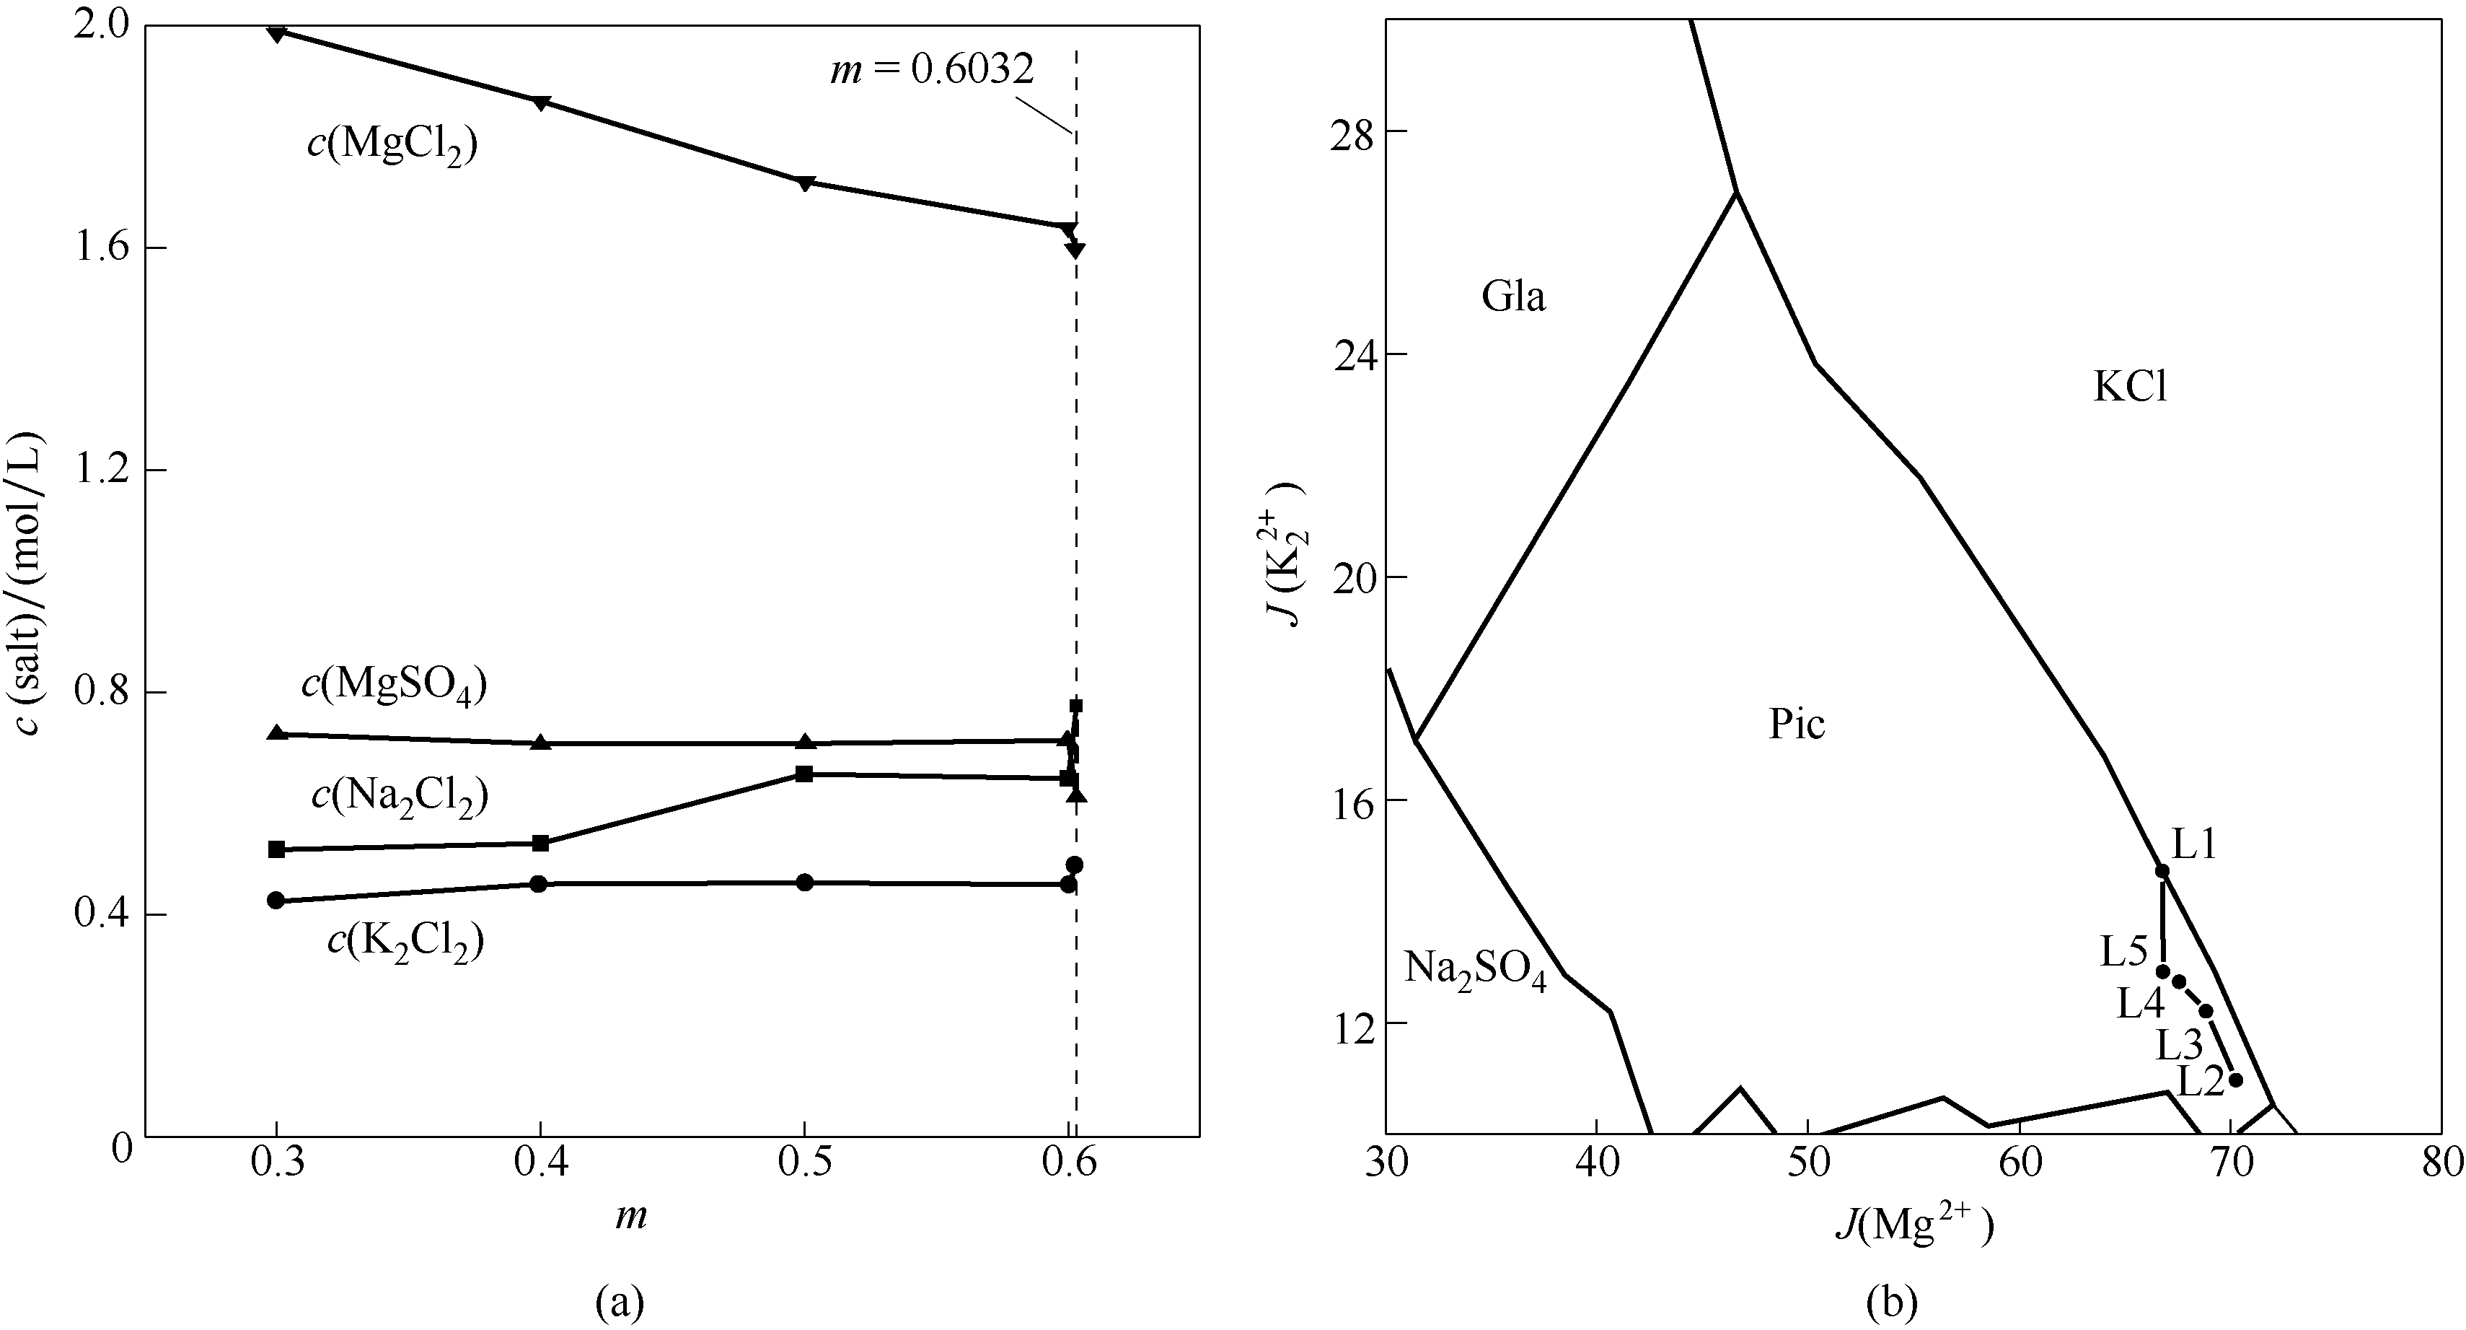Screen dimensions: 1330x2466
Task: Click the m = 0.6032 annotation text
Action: pyautogui.click(x=930, y=70)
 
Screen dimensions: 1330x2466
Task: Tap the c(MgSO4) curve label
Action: pyautogui.click(x=395, y=686)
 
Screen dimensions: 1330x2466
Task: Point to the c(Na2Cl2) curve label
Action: pyautogui.click(x=400, y=796)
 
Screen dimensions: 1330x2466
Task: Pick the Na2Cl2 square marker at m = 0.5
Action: pyautogui.click(x=804, y=774)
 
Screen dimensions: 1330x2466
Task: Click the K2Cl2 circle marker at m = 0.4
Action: pyautogui.click(x=539, y=884)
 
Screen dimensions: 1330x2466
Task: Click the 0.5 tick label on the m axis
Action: pyautogui.click(x=804, y=1163)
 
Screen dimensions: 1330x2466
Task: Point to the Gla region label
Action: pyautogui.click(x=1513, y=298)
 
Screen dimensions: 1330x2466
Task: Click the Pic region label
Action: pyautogui.click(x=1796, y=725)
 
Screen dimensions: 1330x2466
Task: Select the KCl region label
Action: pyautogui.click(x=2130, y=388)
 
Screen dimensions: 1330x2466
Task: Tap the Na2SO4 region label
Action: pyautogui.click(x=1474, y=969)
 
